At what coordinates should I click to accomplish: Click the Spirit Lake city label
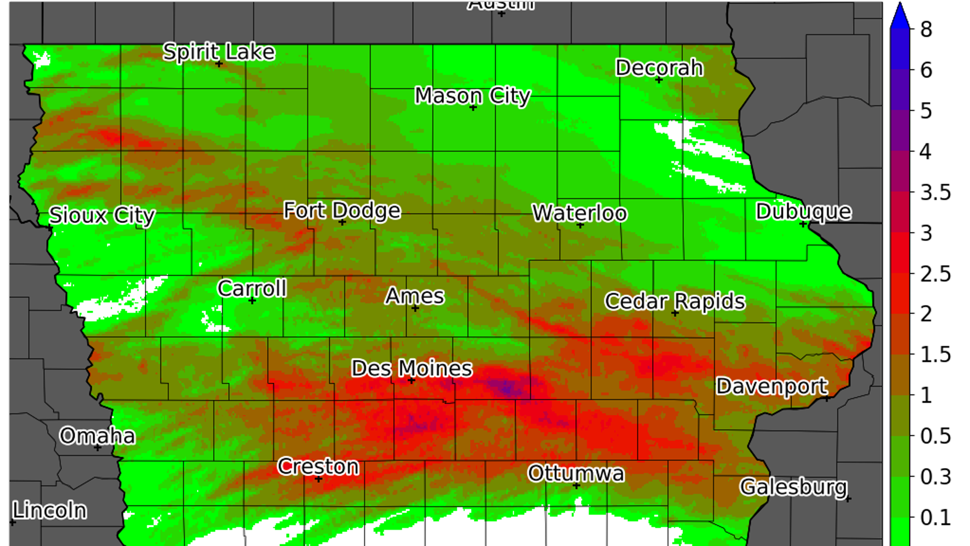(219, 52)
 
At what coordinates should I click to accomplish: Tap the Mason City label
(472, 96)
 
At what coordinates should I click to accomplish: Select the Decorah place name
(659, 68)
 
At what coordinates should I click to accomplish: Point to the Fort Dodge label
(342, 210)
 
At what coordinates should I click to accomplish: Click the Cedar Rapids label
(675, 301)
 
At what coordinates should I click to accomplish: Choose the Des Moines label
(412, 368)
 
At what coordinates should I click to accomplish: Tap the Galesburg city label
(794, 487)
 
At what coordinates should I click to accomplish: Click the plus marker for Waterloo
(580, 225)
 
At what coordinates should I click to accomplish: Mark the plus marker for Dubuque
(803, 224)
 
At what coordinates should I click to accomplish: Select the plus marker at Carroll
(252, 301)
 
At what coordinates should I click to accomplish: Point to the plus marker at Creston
(319, 479)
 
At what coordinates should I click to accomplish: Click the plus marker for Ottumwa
(576, 486)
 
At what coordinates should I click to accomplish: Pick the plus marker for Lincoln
(12, 522)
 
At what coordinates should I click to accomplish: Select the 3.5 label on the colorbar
(935, 193)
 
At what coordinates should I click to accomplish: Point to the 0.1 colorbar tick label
(935, 518)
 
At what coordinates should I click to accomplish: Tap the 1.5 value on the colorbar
(935, 355)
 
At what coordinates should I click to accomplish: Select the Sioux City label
(102, 215)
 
